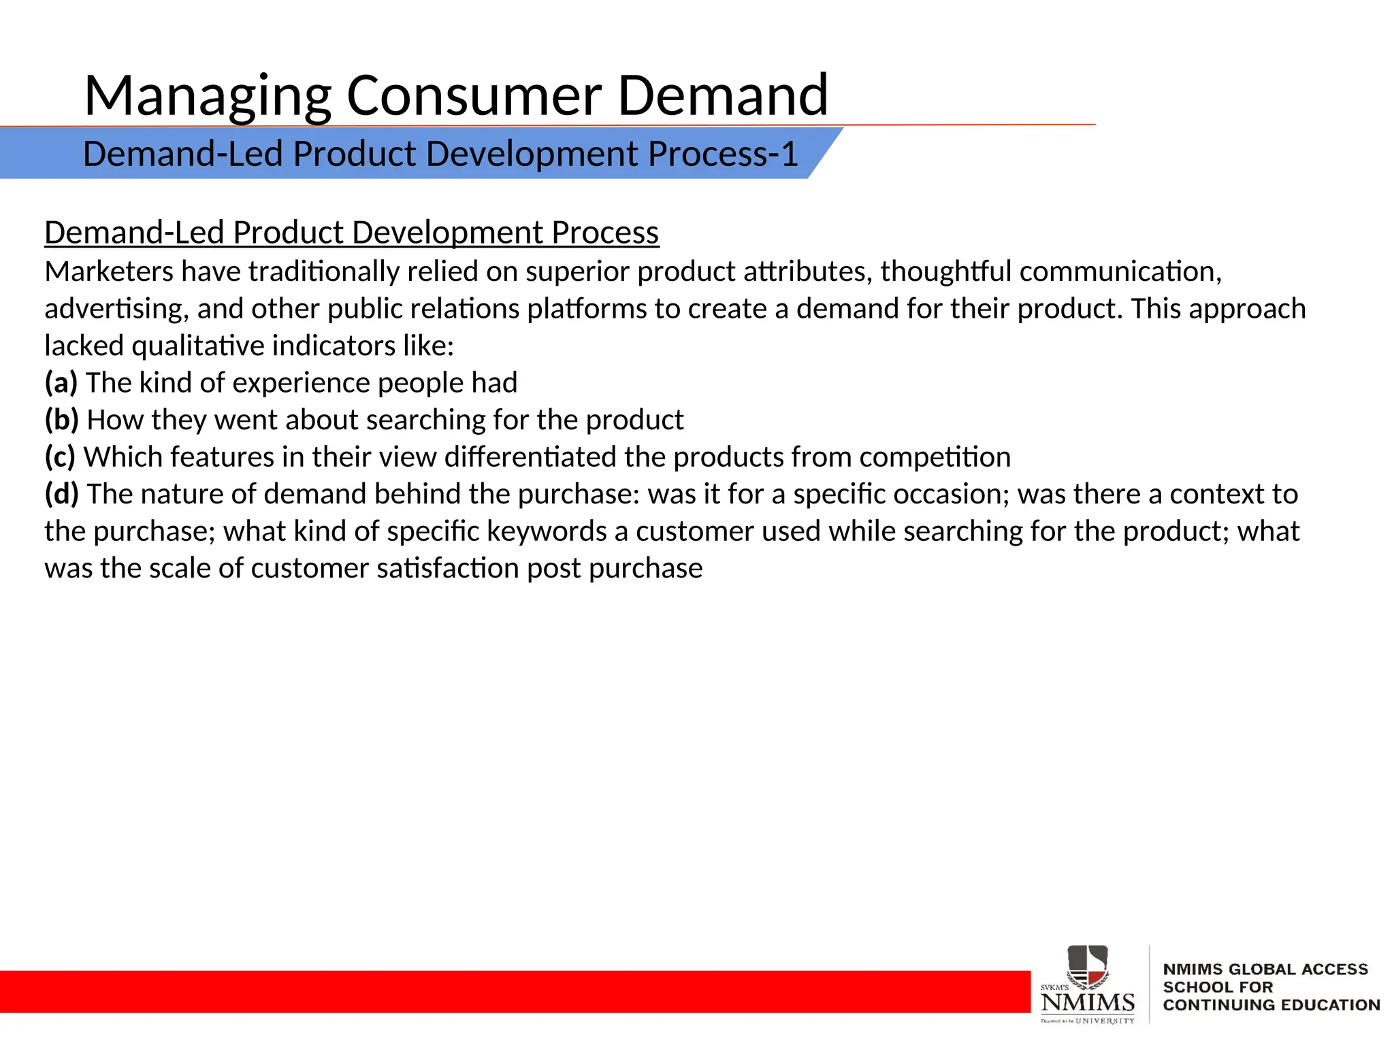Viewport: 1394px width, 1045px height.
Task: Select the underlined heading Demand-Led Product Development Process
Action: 351,233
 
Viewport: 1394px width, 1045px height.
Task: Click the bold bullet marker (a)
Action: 61,383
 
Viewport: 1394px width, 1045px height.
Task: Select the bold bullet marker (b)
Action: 62,420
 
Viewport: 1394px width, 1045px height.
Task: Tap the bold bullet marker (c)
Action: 60,457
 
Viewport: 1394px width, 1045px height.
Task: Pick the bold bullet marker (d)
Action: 62,494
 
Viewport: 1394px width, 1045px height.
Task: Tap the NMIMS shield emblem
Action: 1087,966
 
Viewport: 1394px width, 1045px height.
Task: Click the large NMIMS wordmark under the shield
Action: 1088,1002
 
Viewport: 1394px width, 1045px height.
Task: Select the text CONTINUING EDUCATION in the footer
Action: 1271,1005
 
